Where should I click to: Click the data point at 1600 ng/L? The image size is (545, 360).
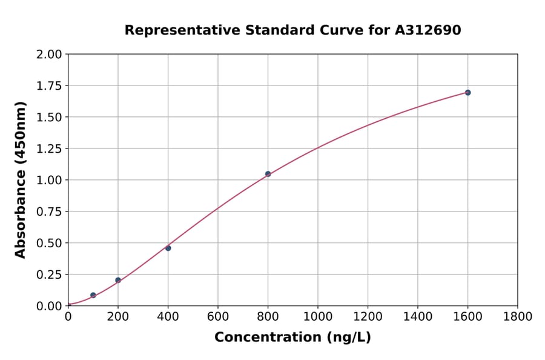pos(467,93)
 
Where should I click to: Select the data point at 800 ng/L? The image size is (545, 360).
pos(268,174)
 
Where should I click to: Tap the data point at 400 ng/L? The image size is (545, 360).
pos(168,248)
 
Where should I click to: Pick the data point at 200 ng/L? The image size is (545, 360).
pos(118,280)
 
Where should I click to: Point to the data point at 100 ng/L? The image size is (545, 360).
pos(93,295)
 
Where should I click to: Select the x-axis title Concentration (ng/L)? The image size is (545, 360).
pos(292,338)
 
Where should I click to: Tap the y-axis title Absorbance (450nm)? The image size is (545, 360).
pos(21,180)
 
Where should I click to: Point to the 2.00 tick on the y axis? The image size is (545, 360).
pos(49,55)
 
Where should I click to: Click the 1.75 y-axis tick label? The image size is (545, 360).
pos(49,86)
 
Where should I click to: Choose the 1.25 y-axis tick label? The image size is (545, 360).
pos(49,148)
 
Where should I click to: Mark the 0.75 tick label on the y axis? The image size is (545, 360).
pos(49,212)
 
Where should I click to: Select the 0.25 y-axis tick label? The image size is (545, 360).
pos(49,275)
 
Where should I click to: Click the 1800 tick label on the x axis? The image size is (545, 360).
pos(518,316)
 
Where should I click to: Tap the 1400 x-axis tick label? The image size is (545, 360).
pos(418,316)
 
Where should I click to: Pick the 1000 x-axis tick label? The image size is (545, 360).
pos(318,316)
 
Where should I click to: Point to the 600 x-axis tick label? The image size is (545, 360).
pos(218,316)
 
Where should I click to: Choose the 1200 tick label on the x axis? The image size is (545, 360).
pos(368,316)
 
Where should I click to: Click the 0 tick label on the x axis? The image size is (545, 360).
pos(68,316)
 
